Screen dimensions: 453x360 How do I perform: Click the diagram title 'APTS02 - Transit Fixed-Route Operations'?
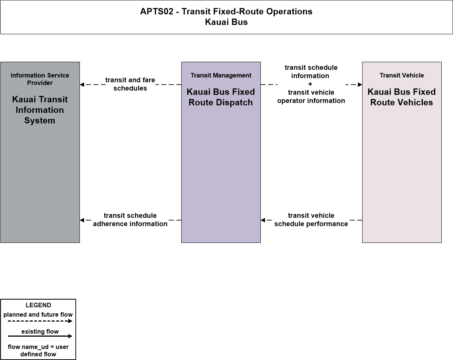click(x=226, y=11)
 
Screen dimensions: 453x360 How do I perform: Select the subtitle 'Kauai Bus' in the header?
click(x=226, y=22)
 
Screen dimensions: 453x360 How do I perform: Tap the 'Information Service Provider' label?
click(x=40, y=79)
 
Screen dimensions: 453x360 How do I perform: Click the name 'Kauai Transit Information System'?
click(x=40, y=110)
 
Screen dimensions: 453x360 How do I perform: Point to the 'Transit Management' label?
click(x=221, y=75)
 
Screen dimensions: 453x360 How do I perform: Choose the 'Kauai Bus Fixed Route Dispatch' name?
click(x=221, y=97)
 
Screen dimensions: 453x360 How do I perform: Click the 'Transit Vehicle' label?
click(x=402, y=75)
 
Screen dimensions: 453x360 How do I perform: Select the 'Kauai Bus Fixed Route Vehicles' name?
click(x=402, y=97)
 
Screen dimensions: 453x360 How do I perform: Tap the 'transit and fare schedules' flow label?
click(x=130, y=84)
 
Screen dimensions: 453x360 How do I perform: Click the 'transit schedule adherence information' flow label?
click(x=130, y=220)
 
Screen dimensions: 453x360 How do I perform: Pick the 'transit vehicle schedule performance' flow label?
click(x=311, y=220)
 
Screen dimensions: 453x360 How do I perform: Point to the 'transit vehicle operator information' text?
click(x=311, y=96)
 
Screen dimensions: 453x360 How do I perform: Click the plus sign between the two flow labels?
click(x=310, y=84)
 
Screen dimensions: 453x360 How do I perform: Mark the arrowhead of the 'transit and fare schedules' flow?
click(x=82, y=85)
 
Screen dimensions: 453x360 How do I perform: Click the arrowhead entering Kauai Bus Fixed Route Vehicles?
click(x=360, y=85)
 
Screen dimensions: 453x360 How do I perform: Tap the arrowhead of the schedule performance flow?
click(x=263, y=220)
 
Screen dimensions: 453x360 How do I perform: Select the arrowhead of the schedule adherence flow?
click(x=82, y=220)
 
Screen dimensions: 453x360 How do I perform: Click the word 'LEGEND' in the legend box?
click(x=38, y=305)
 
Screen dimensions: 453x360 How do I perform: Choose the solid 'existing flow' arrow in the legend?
click(x=40, y=336)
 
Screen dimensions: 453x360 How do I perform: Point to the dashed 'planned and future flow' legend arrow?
click(x=40, y=321)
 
